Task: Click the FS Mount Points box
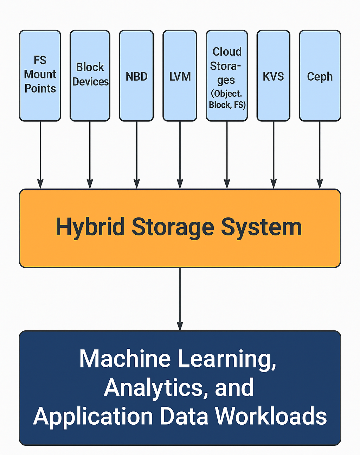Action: (40, 76)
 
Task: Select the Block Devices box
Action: (90, 76)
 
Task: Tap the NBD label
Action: (136, 76)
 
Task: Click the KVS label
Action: (273, 76)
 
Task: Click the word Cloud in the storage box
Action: (227, 52)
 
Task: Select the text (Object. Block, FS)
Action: (227, 99)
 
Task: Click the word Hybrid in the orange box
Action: (90, 227)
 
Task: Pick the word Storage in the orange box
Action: (173, 227)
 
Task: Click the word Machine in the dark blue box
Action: (125, 359)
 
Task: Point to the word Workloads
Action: (271, 416)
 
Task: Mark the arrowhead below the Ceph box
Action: (320, 184)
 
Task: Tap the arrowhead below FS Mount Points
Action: (40, 184)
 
